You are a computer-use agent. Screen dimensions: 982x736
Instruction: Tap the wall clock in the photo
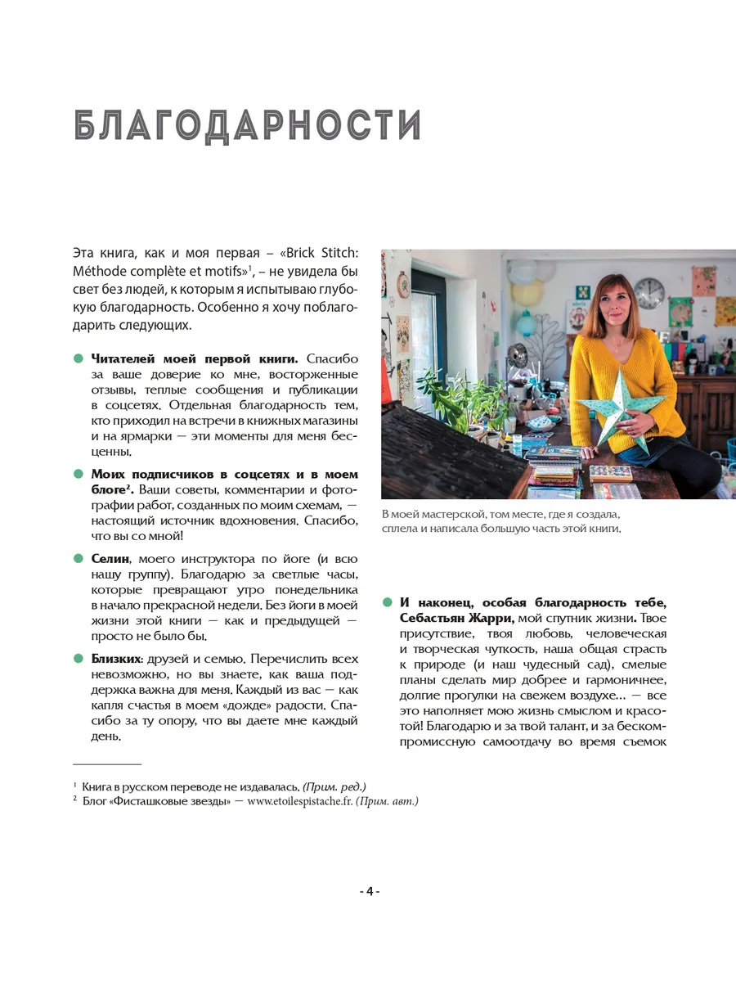tap(649, 292)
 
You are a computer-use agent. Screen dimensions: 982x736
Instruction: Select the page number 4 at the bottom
tap(369, 891)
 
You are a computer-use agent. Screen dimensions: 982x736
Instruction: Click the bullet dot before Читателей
tap(79, 358)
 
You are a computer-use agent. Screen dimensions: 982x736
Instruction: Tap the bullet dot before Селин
tap(79, 558)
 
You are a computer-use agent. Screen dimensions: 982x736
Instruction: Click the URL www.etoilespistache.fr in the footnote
tap(300, 801)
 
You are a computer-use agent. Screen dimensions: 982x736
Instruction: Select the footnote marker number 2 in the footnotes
tap(75, 800)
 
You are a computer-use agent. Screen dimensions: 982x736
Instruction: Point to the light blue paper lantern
tap(523, 323)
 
